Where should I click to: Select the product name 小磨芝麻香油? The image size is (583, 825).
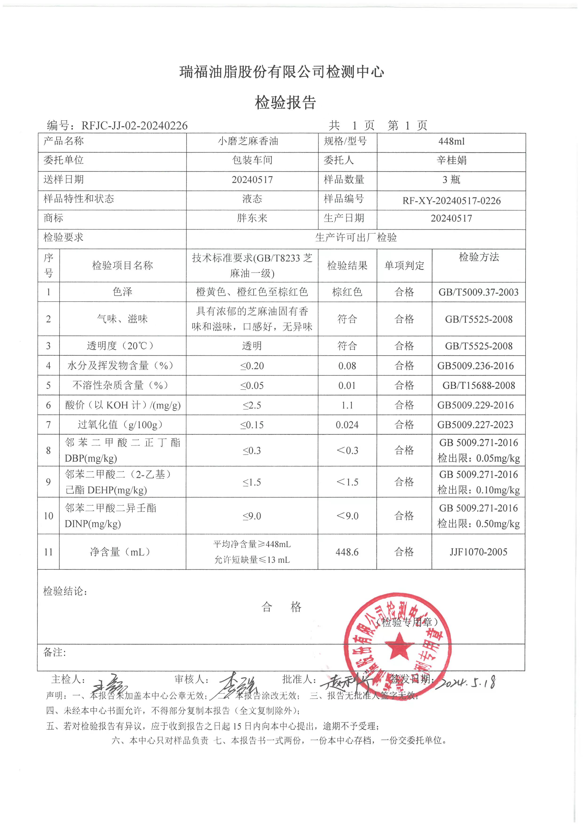[248, 141]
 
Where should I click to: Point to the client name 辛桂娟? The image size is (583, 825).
[451, 160]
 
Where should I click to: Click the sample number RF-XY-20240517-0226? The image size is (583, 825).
[451, 200]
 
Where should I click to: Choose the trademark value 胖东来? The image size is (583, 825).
[252, 218]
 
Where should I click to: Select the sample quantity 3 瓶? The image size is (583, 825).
[451, 180]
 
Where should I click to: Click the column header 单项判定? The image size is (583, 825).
[404, 266]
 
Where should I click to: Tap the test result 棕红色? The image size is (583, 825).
[347, 292]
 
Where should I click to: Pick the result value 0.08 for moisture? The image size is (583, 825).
[347, 366]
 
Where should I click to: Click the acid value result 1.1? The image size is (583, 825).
[347, 405]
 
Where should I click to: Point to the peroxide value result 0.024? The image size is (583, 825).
[347, 425]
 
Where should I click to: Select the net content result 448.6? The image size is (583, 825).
[347, 552]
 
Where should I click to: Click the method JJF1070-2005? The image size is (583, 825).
[479, 552]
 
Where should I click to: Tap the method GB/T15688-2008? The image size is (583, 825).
[479, 386]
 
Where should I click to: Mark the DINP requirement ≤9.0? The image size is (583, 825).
[252, 516]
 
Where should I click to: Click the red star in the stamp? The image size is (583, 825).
[399, 645]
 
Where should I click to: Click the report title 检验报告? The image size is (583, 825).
[285, 103]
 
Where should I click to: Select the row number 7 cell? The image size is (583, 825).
[48, 425]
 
